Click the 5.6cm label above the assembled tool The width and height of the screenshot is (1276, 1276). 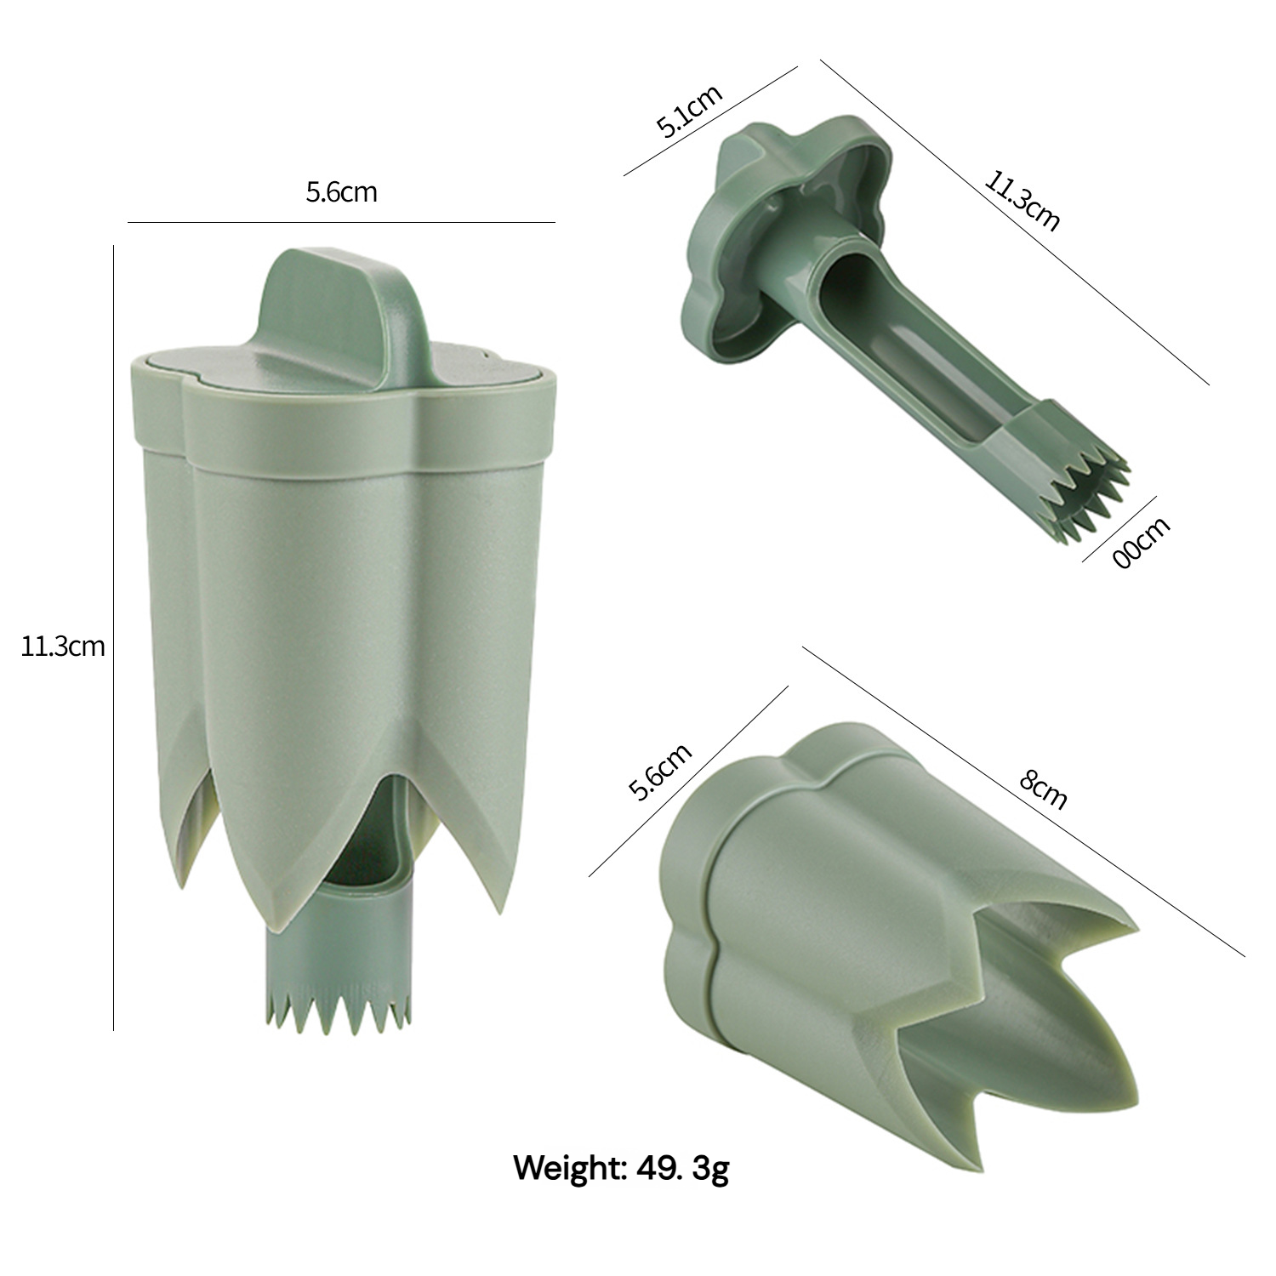(341, 192)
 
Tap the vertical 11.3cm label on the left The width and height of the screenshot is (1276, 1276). (63, 647)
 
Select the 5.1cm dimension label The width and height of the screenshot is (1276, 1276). (689, 111)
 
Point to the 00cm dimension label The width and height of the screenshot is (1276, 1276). (1142, 543)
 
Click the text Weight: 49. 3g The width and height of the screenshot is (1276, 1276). (621, 1168)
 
